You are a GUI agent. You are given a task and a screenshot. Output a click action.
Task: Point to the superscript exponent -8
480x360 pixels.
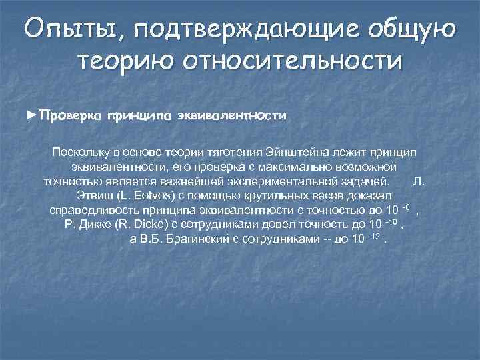[402, 207]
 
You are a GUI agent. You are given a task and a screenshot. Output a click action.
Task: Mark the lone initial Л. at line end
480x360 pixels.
[418, 181]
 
